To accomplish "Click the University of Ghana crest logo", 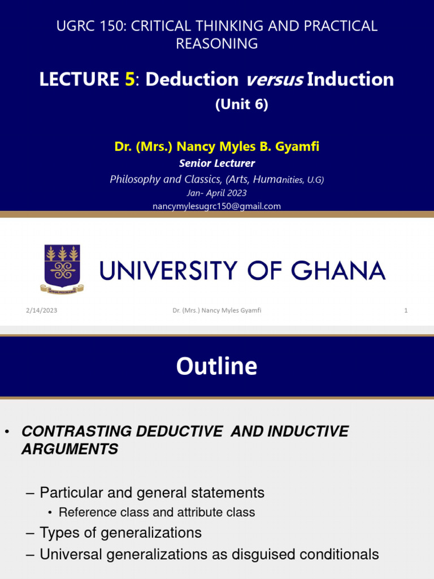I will coord(62,269).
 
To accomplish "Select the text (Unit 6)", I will coord(241,105).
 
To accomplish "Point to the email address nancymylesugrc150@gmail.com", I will coord(216,206).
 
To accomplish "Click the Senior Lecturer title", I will coord(217,163).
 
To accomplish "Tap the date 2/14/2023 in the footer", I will coord(41,310).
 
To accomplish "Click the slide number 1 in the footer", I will coord(406,310).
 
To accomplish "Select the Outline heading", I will coord(216,366).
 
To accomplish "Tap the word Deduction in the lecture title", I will coord(192,80).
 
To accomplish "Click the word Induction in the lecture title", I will coord(350,80).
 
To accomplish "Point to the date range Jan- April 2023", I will coord(217,193).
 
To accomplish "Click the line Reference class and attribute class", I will coord(157,512).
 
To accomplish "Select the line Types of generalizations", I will coord(120,533).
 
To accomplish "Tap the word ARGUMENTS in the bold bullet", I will coord(70,450).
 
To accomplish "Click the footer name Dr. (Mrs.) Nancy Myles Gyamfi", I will coord(217,310).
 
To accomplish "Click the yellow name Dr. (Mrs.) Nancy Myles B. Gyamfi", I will coord(217,147).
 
